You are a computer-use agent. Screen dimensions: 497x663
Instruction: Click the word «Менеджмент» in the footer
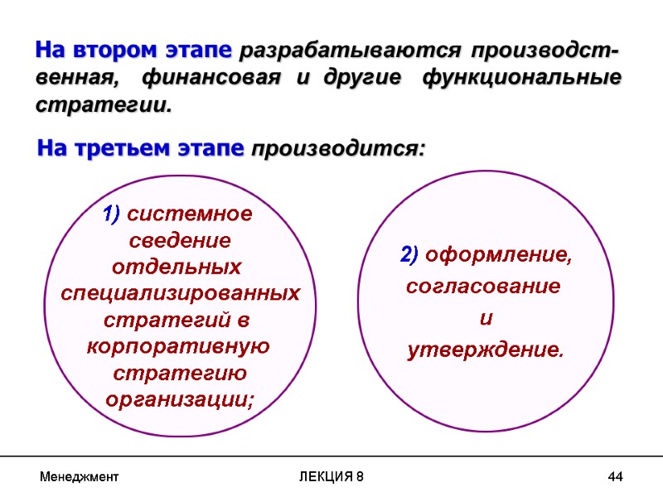click(x=80, y=477)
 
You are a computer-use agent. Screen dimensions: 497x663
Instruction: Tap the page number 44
click(x=615, y=477)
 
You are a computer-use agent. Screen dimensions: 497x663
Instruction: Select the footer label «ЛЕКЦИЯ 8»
click(x=331, y=477)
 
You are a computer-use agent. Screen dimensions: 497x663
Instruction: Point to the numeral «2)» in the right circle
click(x=409, y=256)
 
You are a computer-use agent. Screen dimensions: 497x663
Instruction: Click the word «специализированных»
click(x=181, y=294)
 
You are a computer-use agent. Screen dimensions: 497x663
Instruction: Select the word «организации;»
click(x=181, y=398)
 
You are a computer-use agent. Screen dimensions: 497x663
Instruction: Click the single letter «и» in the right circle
click(x=486, y=319)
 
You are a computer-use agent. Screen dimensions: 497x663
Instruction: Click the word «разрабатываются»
click(x=348, y=52)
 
